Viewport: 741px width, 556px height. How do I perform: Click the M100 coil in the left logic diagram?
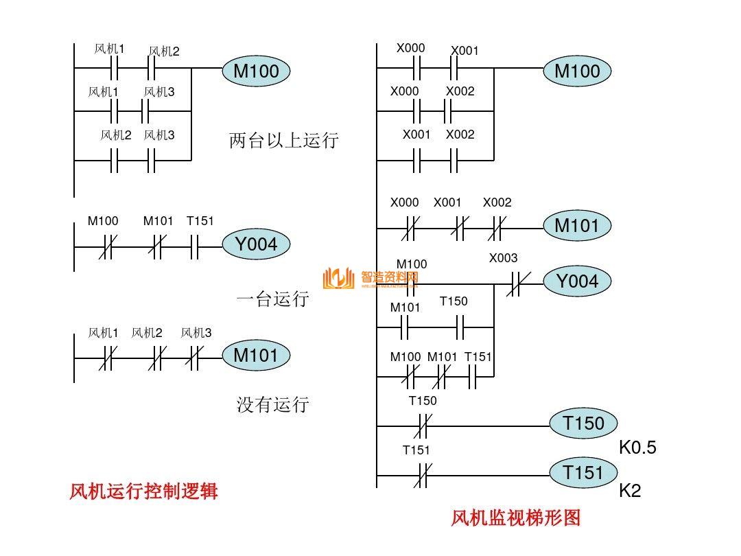pos(256,71)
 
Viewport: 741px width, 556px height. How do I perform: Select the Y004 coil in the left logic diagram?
pos(256,244)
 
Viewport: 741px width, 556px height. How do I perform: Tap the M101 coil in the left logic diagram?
pos(256,356)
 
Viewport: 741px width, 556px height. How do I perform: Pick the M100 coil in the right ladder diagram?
pos(577,71)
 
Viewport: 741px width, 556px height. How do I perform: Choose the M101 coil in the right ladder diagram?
pos(577,225)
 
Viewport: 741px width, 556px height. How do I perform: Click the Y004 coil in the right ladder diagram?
pos(577,281)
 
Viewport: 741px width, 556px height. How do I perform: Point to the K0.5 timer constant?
pos(637,448)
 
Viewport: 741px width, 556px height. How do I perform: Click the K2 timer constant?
pos(630,491)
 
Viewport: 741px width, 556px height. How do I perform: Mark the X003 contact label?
pos(503,258)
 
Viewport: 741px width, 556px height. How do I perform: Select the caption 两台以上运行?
pos(284,141)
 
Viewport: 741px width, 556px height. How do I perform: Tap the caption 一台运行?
pos(272,299)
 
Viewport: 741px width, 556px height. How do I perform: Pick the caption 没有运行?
pos(272,404)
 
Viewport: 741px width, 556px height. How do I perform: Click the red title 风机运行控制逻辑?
pos(143,491)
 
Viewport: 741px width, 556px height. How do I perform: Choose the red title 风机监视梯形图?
pos(515,518)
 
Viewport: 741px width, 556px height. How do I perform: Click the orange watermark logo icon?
pos(338,278)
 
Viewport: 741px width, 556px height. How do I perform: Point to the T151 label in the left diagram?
pos(200,221)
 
